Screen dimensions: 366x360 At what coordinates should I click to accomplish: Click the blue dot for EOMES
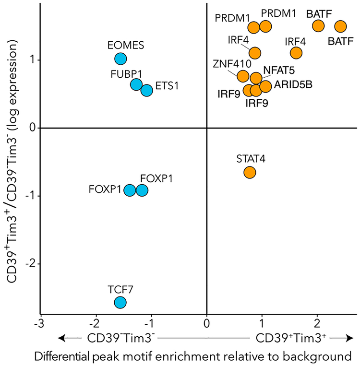coord(120,59)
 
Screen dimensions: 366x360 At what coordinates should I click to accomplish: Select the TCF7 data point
coord(120,302)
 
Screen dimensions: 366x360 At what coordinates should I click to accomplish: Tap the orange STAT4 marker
coord(249,172)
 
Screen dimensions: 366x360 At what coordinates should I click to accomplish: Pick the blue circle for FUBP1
coord(136,84)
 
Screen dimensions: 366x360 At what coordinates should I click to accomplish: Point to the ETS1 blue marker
coord(147,90)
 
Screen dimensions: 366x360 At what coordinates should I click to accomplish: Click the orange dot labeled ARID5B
coord(265,86)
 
